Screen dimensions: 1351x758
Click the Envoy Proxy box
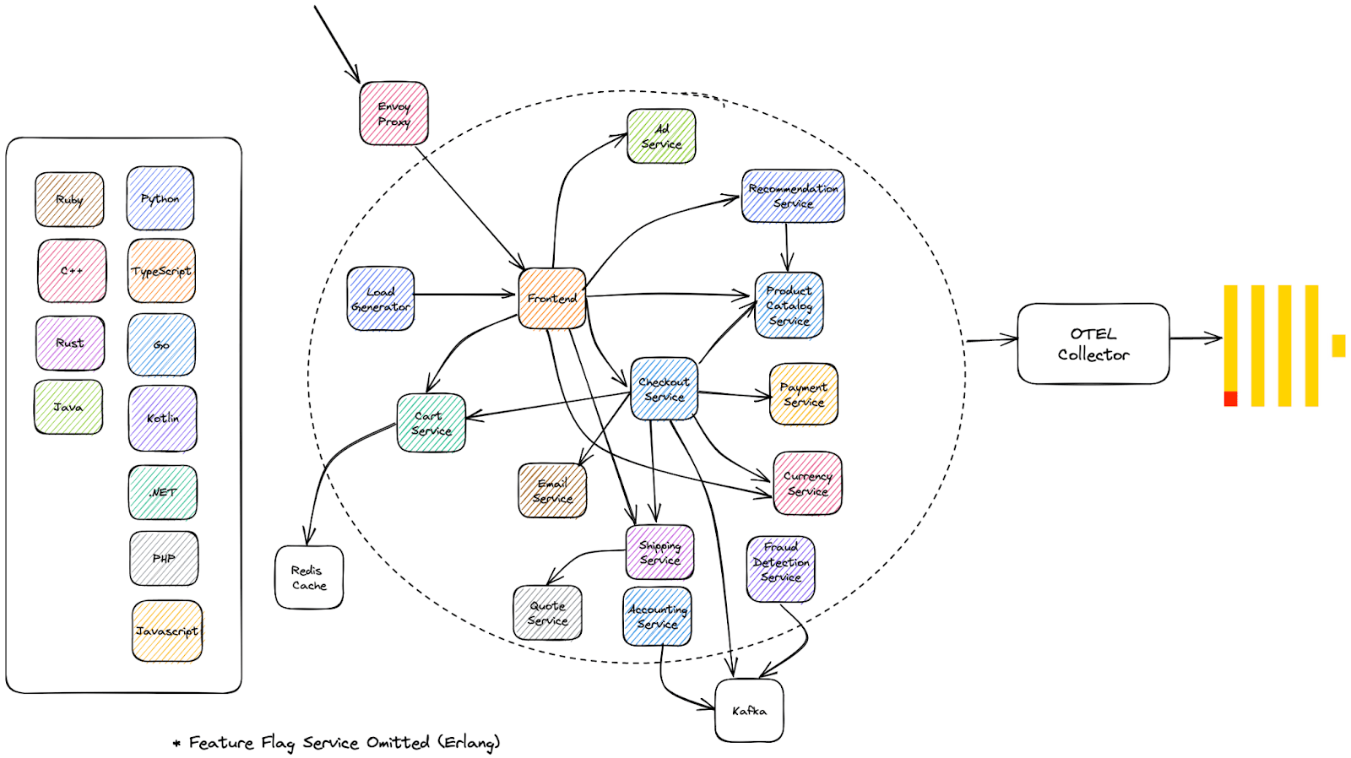click(393, 113)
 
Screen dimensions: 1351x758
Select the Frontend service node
click(552, 299)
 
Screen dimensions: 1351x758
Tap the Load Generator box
click(381, 299)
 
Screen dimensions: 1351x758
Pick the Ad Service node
click(661, 136)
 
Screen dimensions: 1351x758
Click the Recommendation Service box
click(793, 196)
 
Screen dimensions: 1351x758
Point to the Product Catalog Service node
click(789, 305)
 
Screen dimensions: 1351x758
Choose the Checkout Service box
click(664, 389)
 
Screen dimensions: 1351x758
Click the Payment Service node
click(803, 394)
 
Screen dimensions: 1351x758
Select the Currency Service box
click(807, 484)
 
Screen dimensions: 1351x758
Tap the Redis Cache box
click(309, 577)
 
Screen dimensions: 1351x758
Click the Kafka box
click(749, 711)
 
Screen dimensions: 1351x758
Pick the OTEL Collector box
click(1093, 344)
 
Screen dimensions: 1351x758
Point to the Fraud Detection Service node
click(780, 569)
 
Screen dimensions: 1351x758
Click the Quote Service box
click(548, 613)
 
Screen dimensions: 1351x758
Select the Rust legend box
click(70, 343)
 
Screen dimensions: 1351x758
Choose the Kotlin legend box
click(163, 419)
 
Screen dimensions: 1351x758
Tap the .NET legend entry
click(163, 493)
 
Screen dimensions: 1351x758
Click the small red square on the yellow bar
click(1230, 398)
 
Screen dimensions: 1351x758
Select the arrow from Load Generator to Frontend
click(465, 295)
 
